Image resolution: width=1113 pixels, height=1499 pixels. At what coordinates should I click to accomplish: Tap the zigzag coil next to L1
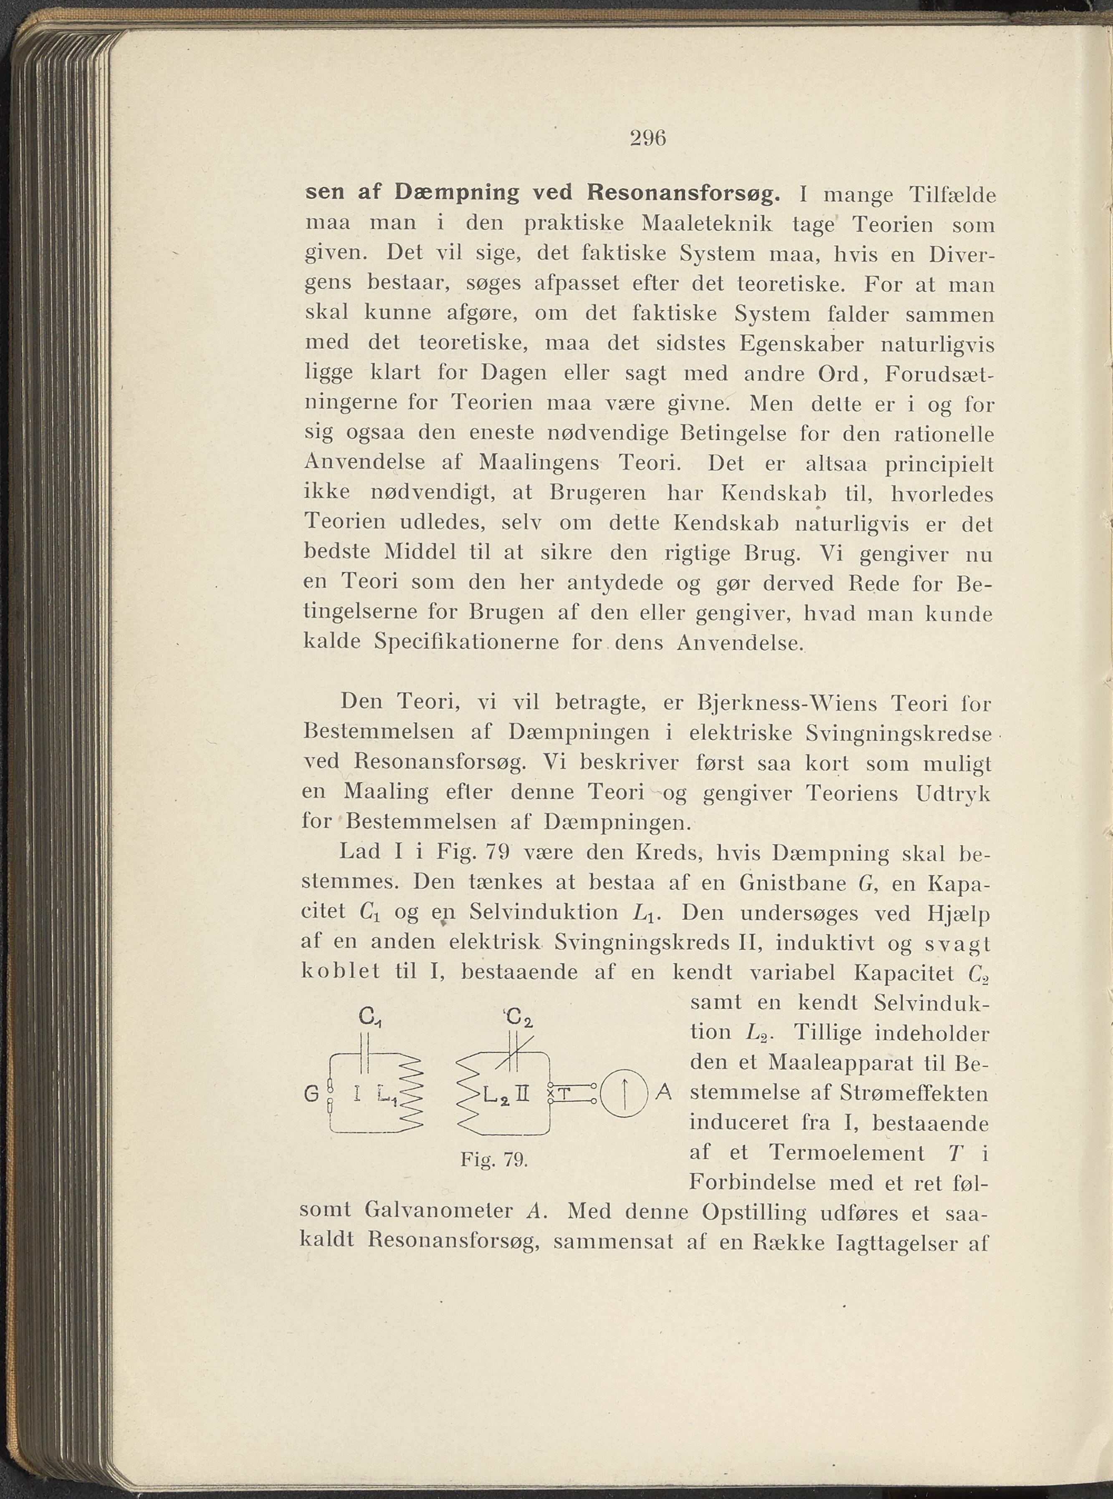[x=409, y=1093]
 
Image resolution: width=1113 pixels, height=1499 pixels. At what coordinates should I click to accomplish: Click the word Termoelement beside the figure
[x=846, y=1153]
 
